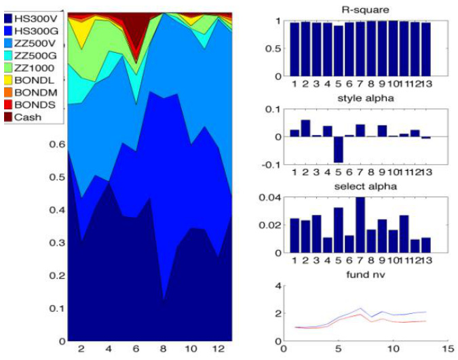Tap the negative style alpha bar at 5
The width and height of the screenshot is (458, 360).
(338, 150)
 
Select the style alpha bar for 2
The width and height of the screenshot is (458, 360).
(305, 128)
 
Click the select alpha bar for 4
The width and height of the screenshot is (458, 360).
(327, 245)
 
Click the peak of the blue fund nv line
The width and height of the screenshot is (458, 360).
(360, 308)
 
